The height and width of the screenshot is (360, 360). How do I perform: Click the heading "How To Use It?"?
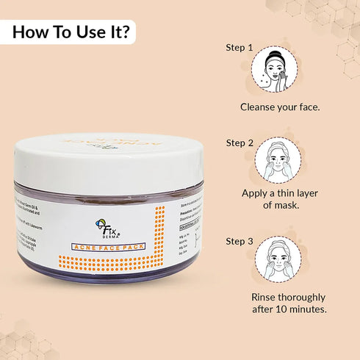click(x=72, y=32)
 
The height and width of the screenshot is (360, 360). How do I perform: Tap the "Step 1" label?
click(x=240, y=48)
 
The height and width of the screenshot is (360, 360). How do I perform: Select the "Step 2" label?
click(x=240, y=143)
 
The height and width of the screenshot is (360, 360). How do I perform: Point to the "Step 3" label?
click(x=240, y=240)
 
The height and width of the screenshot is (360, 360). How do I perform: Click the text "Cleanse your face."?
click(x=280, y=107)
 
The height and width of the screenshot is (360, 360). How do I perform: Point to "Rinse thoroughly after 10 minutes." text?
click(x=289, y=303)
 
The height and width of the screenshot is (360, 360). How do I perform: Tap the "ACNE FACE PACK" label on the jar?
click(x=110, y=248)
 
